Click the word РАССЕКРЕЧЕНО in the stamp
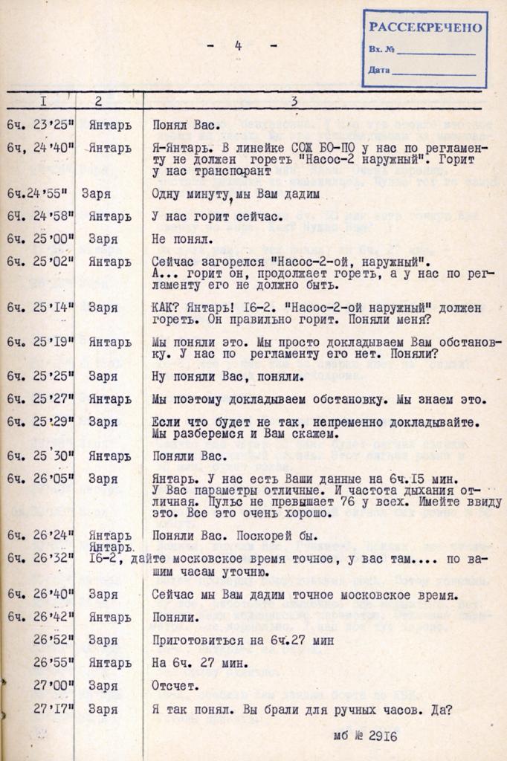click(x=425, y=28)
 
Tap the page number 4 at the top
click(x=239, y=46)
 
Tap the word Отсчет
click(x=174, y=686)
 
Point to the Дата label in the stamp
click(x=378, y=70)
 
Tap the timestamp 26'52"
click(x=53, y=639)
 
